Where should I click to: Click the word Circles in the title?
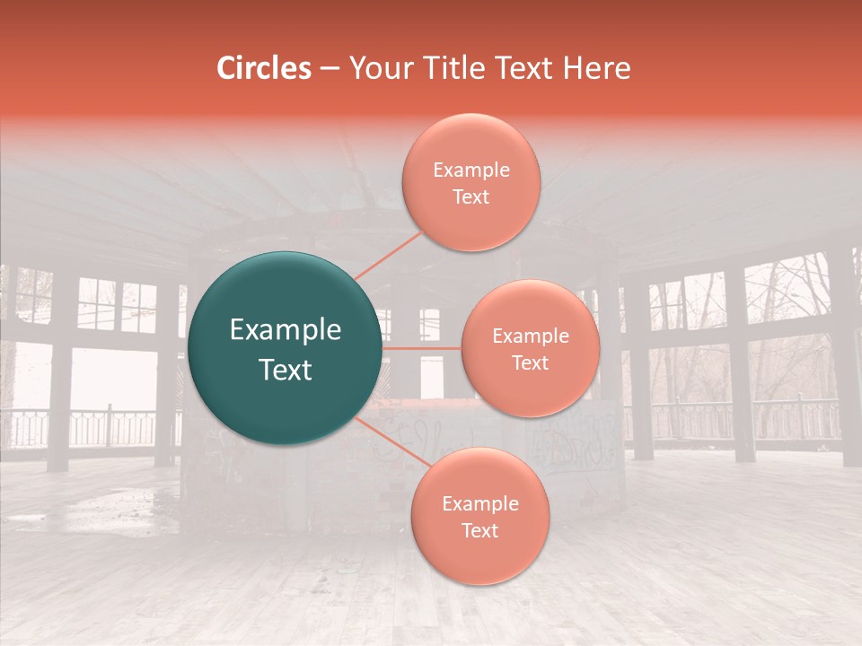(264, 68)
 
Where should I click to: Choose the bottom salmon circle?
(479, 556)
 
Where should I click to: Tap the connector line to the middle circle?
(422, 348)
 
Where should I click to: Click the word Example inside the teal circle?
(286, 330)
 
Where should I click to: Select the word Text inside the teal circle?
(286, 370)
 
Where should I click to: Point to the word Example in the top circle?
(471, 170)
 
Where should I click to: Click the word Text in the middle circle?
(530, 362)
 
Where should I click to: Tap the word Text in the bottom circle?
(479, 530)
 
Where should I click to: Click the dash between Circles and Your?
(330, 68)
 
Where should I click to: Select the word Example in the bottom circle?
(479, 504)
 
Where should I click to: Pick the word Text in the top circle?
(471, 196)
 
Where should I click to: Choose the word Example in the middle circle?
(530, 336)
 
